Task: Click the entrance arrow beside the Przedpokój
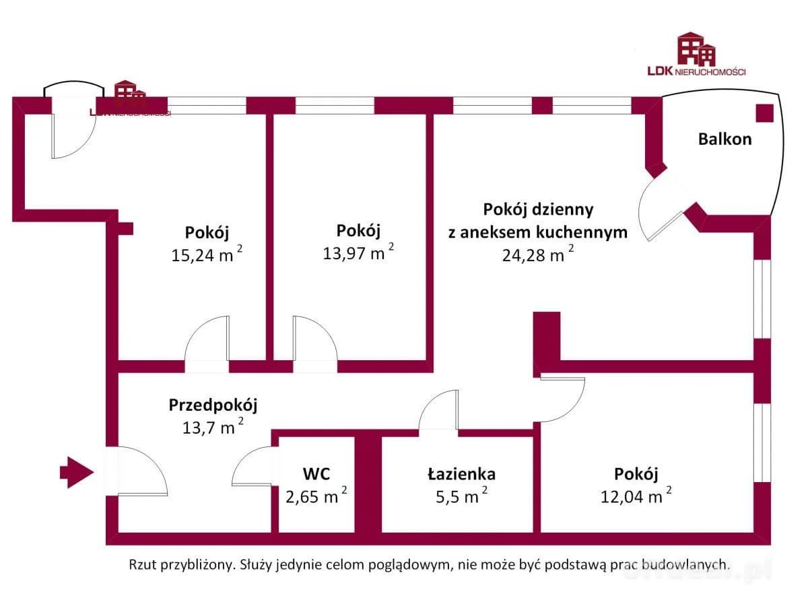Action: (x=76, y=472)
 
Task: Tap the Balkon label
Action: (x=725, y=139)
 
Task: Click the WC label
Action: (x=316, y=474)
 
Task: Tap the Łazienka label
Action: (x=461, y=474)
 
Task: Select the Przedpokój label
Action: (x=213, y=405)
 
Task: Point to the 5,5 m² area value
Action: (x=457, y=497)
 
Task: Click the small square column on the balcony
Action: (x=764, y=113)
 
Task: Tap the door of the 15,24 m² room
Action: (x=207, y=343)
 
